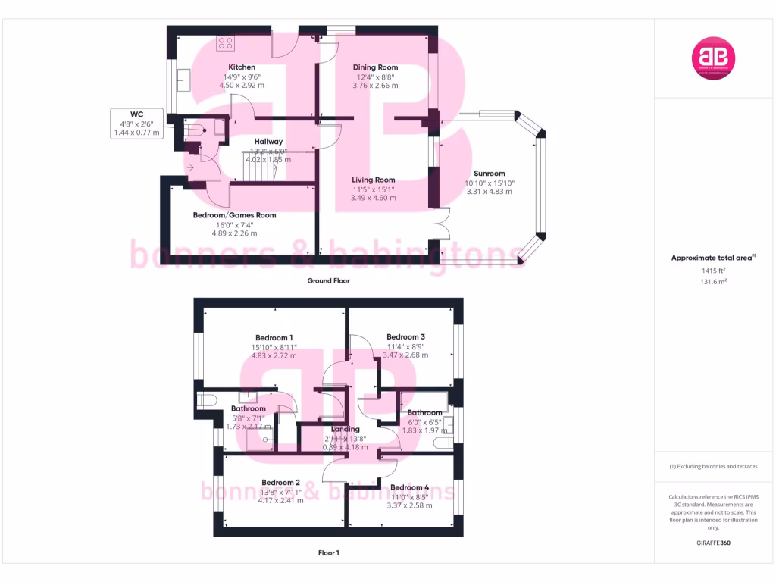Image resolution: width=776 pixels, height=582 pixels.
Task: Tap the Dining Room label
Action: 375,67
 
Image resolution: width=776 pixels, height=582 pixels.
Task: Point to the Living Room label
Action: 373,180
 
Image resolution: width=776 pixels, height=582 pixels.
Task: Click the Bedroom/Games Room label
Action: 234,215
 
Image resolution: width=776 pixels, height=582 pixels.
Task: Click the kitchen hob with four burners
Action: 225,43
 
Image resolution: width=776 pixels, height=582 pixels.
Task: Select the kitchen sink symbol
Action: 184,80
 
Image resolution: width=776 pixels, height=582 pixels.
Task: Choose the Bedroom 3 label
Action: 405,337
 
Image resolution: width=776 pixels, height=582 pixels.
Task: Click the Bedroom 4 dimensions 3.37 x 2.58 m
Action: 408,505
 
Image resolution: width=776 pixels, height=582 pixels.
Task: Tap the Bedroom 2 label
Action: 280,482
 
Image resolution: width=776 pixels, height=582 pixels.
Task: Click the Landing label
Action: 345,429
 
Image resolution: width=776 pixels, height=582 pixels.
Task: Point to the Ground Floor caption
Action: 328,280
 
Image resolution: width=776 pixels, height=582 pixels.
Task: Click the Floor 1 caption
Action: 328,553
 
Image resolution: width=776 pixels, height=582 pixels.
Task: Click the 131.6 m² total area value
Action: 712,281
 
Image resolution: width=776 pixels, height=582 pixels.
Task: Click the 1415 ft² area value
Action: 712,270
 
